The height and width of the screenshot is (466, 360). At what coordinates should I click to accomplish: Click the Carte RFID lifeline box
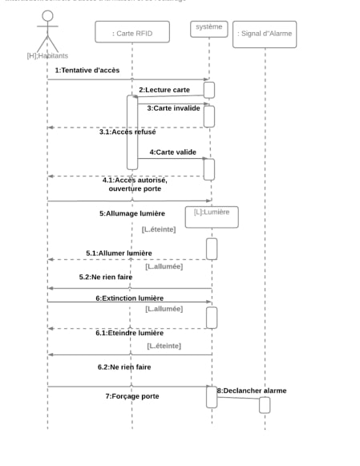coord(133,33)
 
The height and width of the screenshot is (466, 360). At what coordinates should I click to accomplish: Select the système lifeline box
coord(209,28)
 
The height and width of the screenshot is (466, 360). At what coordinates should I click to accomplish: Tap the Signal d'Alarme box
coord(265,34)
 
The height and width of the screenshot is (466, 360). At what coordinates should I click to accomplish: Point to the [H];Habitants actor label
coord(47,55)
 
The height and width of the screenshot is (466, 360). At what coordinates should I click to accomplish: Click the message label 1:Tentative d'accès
coord(87,71)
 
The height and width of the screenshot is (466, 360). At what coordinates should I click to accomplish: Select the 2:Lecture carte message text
coord(164,90)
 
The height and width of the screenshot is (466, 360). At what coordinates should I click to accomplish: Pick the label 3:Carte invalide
coord(173,107)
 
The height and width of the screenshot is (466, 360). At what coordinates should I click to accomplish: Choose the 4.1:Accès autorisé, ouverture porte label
coord(135,184)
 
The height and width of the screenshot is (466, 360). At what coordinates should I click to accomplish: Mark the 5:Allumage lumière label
coord(132,213)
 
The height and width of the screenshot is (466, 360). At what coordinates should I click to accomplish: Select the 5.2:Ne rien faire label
coord(105,277)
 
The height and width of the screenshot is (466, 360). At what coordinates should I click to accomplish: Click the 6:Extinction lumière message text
coord(130,298)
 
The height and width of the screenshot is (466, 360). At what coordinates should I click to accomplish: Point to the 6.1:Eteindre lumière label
coord(129,333)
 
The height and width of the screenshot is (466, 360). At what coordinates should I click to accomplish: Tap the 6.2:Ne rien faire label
coord(124,367)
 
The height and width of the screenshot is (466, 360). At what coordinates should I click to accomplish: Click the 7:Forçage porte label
coord(132,396)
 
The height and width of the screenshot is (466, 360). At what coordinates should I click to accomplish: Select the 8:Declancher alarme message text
coord(252,391)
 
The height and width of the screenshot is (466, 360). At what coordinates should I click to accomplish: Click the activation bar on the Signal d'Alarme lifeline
coord(265,405)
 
